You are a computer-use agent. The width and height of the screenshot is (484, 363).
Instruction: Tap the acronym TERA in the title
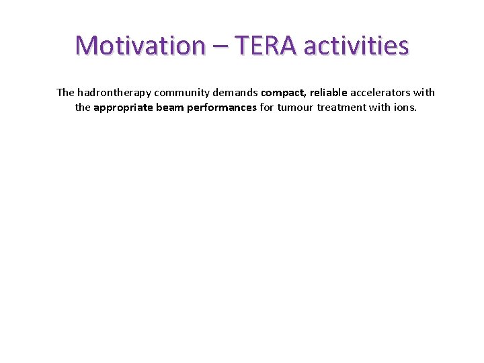[x=259, y=46]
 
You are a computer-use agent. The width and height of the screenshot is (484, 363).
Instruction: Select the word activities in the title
[x=356, y=46]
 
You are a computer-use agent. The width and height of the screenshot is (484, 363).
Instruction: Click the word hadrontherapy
[x=114, y=93]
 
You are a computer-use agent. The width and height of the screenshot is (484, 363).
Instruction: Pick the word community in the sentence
[x=182, y=93]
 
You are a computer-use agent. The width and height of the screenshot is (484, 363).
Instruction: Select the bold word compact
[x=284, y=93]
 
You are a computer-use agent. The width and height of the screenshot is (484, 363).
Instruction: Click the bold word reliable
[x=329, y=93]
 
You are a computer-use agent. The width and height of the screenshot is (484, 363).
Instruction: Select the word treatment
[x=343, y=107]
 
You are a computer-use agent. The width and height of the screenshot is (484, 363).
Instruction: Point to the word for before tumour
[x=267, y=107]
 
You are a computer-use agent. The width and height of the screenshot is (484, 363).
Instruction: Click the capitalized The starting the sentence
[x=66, y=93]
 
